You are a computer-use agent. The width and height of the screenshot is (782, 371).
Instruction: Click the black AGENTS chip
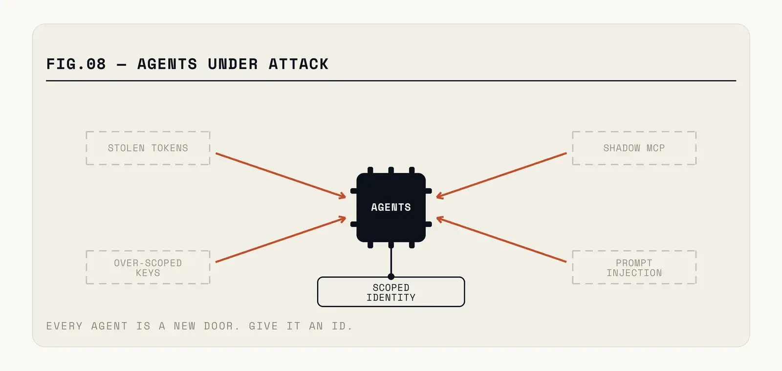click(x=391, y=207)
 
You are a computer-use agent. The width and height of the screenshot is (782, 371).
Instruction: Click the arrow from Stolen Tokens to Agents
click(x=281, y=175)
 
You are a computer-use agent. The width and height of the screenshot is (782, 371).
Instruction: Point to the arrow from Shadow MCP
click(x=501, y=175)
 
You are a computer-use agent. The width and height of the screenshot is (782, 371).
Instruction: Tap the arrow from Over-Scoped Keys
click(x=281, y=239)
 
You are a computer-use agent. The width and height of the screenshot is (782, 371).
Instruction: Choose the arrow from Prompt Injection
click(x=501, y=239)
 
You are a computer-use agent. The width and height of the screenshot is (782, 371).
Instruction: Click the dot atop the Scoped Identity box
click(x=391, y=277)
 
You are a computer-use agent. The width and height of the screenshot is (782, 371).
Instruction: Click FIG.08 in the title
click(x=76, y=64)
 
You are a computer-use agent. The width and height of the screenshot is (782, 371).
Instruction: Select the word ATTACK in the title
click(x=299, y=64)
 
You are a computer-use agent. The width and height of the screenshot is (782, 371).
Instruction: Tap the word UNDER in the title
click(x=233, y=64)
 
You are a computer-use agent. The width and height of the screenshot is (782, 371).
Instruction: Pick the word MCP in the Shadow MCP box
click(x=655, y=148)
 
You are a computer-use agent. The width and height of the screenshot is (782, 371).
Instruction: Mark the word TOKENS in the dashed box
click(x=170, y=148)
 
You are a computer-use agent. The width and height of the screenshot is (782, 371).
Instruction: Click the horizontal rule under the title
click(x=391, y=81)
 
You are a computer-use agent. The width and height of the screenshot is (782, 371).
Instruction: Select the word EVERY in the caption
click(x=64, y=326)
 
